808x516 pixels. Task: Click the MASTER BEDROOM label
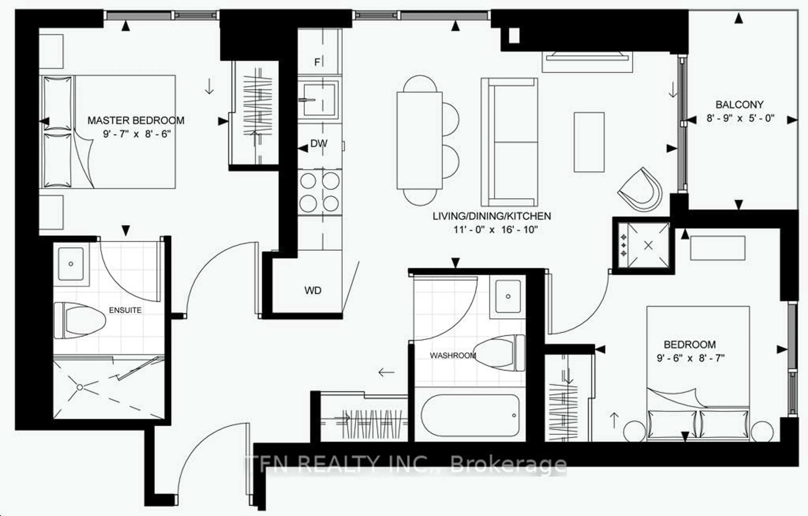point(136,120)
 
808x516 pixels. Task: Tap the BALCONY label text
point(740,105)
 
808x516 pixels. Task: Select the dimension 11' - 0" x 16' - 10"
point(496,230)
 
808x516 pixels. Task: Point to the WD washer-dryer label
point(313,290)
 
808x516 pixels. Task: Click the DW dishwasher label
point(319,144)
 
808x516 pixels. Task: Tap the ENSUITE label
point(125,310)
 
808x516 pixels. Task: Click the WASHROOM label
point(453,355)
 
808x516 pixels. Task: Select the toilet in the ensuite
point(81,320)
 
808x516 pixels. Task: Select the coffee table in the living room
point(589,142)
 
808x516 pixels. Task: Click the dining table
point(419,140)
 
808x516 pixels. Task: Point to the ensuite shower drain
point(80,387)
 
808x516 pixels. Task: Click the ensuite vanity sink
point(71,264)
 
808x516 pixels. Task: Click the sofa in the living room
point(509,142)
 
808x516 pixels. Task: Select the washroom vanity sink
point(508,296)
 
